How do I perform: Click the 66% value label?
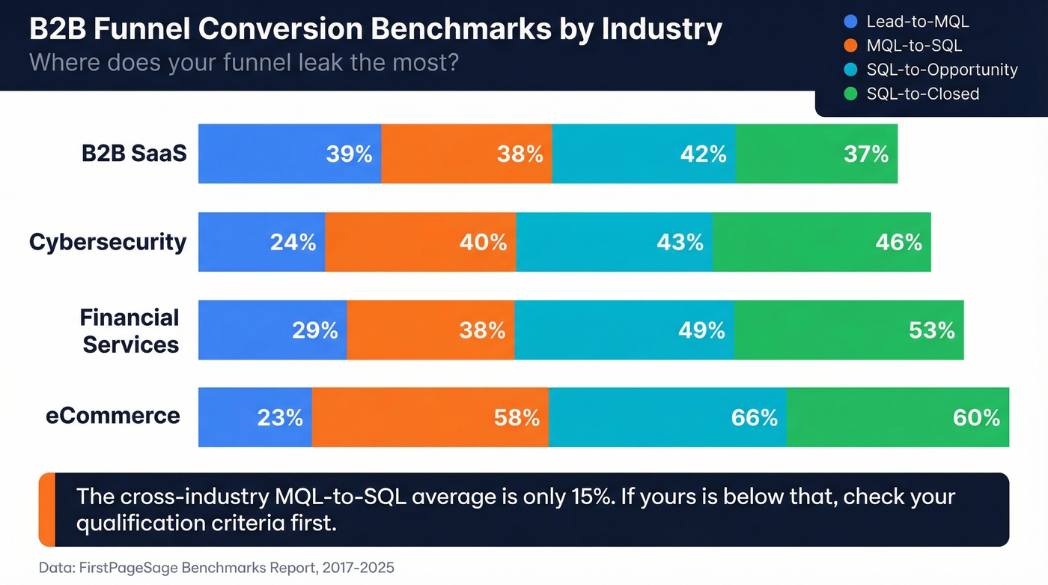coord(754,417)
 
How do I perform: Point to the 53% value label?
coord(931,330)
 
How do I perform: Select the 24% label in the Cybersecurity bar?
coord(293,242)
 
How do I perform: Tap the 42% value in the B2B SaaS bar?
coord(703,154)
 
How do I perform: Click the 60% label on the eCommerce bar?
coord(976,417)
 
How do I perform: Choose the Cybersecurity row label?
coord(108,242)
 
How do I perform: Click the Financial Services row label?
coord(130,330)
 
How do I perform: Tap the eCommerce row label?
coord(113,416)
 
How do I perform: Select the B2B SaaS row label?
coord(134,153)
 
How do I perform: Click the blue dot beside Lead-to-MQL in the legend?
coord(850,22)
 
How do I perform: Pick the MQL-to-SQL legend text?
coord(914,46)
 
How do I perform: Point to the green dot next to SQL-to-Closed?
coord(850,94)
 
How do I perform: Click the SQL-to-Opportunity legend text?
coord(942,70)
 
